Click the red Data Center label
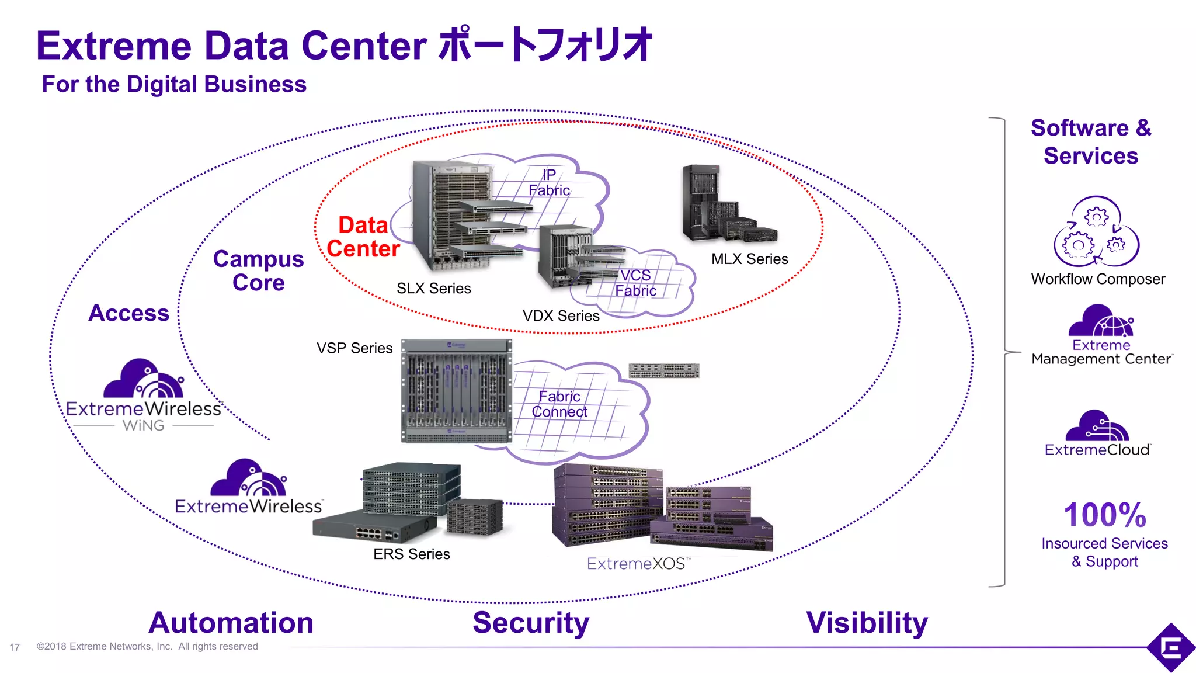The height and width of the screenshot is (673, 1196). (x=363, y=237)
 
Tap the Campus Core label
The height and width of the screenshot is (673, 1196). (x=258, y=270)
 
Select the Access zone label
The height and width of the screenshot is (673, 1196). (x=128, y=313)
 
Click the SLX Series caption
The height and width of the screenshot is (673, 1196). (x=433, y=289)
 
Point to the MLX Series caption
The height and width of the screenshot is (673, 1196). (x=749, y=259)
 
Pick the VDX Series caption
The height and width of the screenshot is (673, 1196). (x=561, y=316)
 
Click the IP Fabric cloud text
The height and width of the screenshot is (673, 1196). (x=549, y=182)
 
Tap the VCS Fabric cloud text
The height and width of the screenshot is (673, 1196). (x=635, y=283)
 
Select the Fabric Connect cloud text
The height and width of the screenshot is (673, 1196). (x=559, y=404)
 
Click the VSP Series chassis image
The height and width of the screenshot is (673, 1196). (x=456, y=390)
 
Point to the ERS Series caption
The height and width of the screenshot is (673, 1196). (x=412, y=554)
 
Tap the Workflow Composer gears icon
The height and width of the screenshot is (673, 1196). (x=1096, y=233)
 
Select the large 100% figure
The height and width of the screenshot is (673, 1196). (x=1104, y=515)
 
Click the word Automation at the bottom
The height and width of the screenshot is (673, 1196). (x=231, y=623)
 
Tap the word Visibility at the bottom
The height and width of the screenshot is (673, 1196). (x=867, y=623)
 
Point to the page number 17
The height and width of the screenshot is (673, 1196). (x=15, y=647)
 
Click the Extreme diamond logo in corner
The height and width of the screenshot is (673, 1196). (x=1171, y=647)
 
